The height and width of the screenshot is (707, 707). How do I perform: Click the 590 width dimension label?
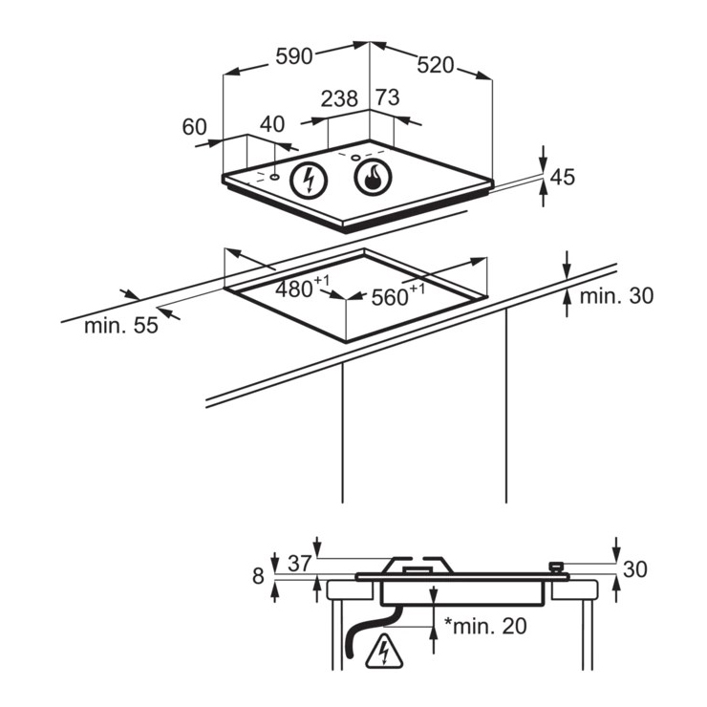(x=294, y=56)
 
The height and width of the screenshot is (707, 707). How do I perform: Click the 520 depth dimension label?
(x=435, y=65)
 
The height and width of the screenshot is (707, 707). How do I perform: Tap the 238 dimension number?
(x=339, y=98)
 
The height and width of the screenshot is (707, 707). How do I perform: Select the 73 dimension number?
(x=388, y=97)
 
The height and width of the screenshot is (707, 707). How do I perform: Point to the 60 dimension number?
(x=194, y=127)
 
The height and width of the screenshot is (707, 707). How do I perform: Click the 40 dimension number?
(x=272, y=124)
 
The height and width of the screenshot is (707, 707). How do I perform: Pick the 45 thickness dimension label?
(x=563, y=177)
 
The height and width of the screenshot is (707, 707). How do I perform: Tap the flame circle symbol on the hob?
(x=373, y=177)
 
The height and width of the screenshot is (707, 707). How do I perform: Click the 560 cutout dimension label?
(x=398, y=294)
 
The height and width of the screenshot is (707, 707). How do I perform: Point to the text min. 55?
(x=121, y=326)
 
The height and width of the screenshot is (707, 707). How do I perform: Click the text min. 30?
(x=616, y=296)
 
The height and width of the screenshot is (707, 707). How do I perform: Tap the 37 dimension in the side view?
(x=300, y=564)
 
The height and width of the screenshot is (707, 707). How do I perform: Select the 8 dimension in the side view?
(x=258, y=576)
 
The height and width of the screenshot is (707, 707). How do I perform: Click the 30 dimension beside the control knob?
(x=634, y=569)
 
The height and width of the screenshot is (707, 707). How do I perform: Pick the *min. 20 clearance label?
(x=485, y=626)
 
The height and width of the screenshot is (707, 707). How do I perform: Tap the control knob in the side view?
(x=556, y=567)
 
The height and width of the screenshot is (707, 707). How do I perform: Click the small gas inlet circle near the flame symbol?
(x=355, y=158)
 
